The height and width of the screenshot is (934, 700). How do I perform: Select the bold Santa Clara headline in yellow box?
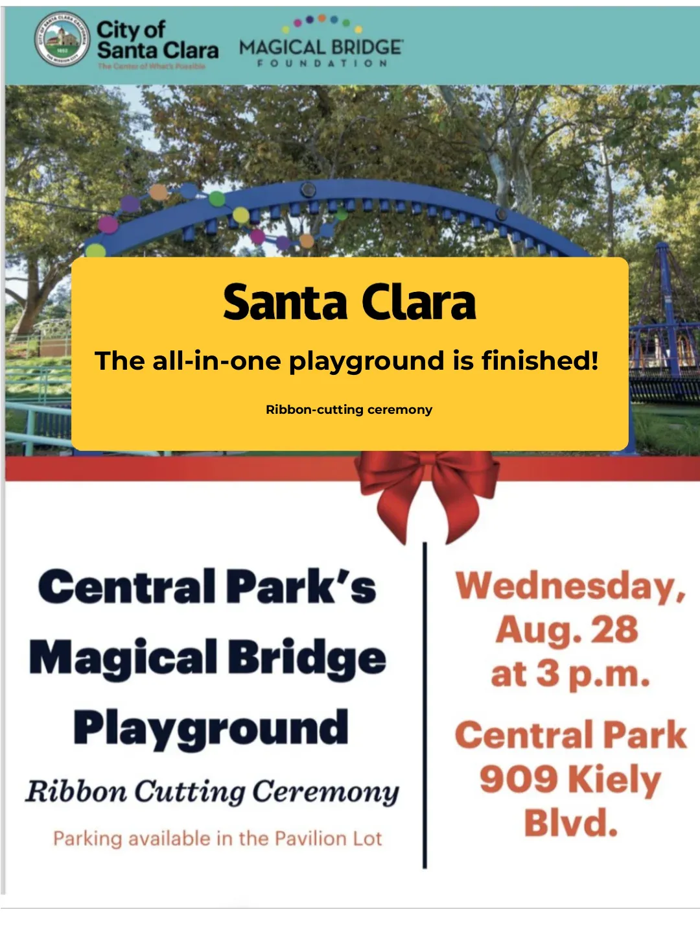(x=349, y=303)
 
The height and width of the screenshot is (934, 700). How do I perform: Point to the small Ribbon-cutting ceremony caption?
(x=349, y=409)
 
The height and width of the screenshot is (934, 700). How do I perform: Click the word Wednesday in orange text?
(x=569, y=586)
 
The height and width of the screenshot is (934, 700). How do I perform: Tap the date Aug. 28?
(x=567, y=630)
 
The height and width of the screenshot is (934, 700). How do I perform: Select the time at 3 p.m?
(x=570, y=674)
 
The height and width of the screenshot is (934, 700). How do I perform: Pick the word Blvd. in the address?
(x=570, y=823)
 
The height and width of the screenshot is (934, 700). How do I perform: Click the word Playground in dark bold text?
(x=211, y=728)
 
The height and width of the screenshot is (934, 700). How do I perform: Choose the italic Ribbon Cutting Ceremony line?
(x=212, y=791)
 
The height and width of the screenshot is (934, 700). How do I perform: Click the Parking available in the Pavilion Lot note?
(x=217, y=839)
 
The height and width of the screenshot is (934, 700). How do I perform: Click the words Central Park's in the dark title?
(x=207, y=586)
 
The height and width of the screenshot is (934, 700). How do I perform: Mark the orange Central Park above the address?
(x=570, y=735)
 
